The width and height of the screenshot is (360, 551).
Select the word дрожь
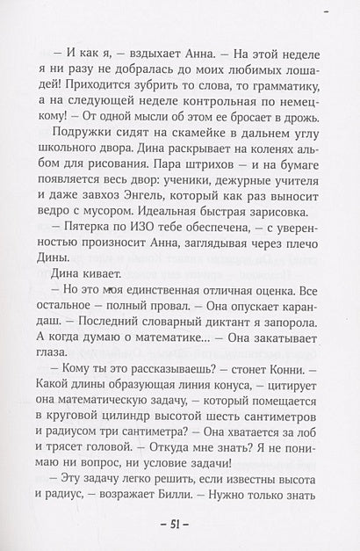click(298, 123)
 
